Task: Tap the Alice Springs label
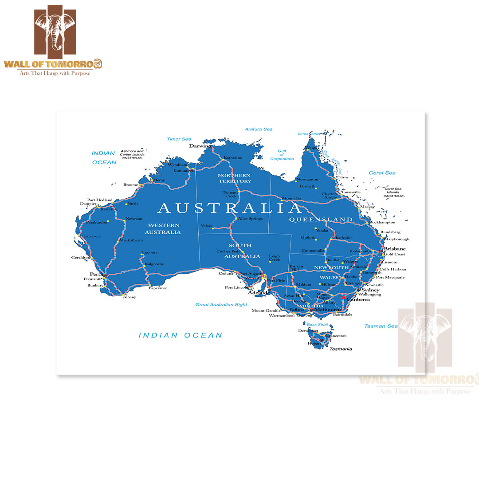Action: [x=251, y=219]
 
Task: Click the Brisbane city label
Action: [x=395, y=249]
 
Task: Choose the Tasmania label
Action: [x=341, y=349]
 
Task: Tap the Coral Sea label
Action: [x=382, y=173]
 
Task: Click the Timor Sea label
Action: [x=179, y=139]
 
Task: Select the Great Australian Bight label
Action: [x=221, y=305]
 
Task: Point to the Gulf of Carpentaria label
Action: [x=282, y=155]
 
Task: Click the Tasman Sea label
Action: [x=381, y=326]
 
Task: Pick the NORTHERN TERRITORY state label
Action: [x=235, y=178]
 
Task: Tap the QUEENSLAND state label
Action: [x=321, y=220]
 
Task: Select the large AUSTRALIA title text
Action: [x=230, y=208]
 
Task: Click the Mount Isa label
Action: [x=292, y=198]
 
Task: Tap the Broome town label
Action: [x=130, y=185]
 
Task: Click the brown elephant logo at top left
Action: [x=55, y=30]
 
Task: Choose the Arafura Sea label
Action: [x=259, y=130]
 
